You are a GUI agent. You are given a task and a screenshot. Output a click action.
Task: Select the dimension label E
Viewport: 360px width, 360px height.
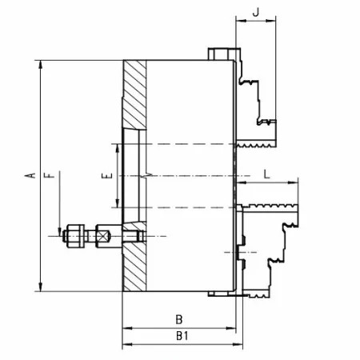(x=107, y=176)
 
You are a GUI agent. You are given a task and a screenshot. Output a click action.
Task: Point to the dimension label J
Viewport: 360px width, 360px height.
(x=256, y=12)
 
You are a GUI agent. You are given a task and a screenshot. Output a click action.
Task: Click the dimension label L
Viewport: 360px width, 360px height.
(x=266, y=174)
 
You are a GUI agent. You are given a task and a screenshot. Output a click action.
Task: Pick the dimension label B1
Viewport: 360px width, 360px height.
(x=182, y=336)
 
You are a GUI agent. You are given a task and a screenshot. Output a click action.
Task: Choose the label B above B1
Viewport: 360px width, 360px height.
(x=179, y=319)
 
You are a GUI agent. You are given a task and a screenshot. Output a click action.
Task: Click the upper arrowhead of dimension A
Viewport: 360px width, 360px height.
(x=41, y=65)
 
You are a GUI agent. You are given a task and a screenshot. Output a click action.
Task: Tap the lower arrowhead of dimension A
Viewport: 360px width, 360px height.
(x=41, y=286)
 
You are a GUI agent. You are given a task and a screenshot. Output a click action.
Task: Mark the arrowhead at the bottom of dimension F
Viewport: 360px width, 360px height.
(x=59, y=232)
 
